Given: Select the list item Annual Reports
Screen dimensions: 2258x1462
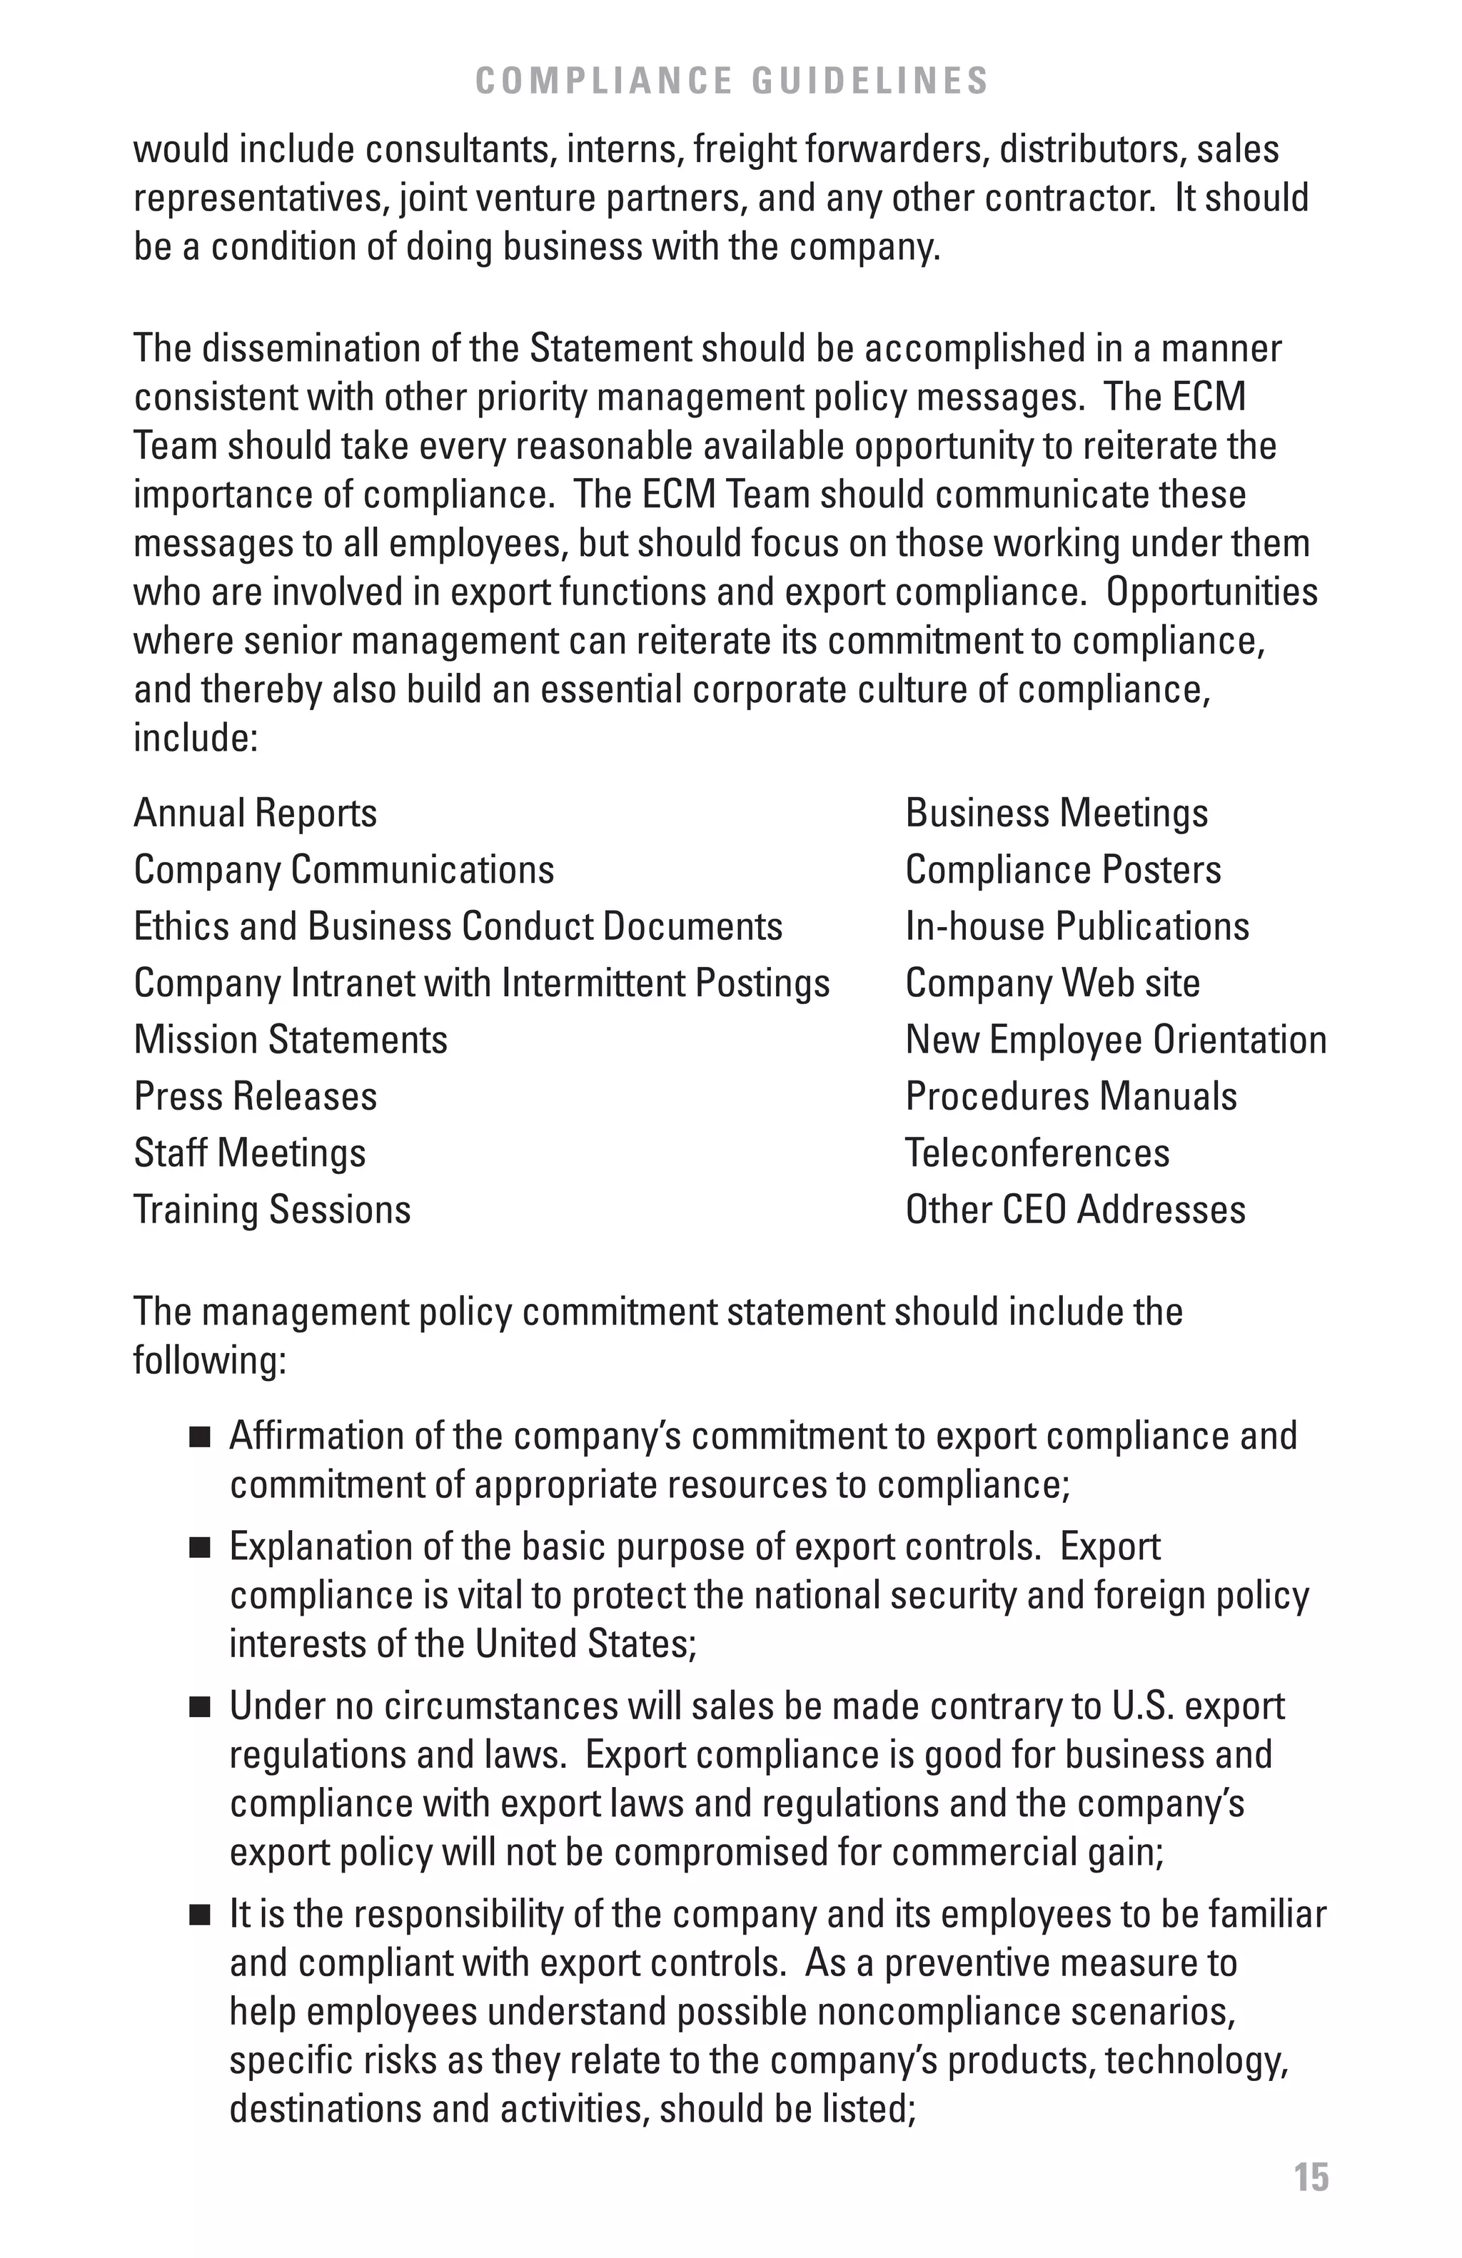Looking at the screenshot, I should coord(256,813).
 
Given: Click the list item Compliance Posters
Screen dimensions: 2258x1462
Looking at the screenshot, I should coord(1062,870).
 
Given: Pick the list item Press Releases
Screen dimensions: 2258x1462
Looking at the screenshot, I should coord(256,1097).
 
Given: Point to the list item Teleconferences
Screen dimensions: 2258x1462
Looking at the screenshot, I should coord(1037,1154).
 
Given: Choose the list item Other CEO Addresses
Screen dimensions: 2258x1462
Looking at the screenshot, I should coord(1075,1210).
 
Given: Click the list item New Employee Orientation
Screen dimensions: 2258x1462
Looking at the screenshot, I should coord(1116,1040).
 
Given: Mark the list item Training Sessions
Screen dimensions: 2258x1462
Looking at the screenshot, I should coord(272,1210).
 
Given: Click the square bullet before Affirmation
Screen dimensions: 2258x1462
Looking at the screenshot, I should coord(199,1437).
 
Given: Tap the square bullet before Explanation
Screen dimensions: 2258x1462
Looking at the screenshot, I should coord(199,1549).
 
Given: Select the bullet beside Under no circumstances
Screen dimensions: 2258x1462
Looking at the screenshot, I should coord(199,1708).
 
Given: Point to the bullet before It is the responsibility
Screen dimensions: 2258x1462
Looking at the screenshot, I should coord(199,1915).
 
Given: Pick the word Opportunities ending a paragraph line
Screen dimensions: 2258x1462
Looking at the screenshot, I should coord(1211,592).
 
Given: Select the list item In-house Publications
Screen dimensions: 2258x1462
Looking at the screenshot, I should coord(1077,927).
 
